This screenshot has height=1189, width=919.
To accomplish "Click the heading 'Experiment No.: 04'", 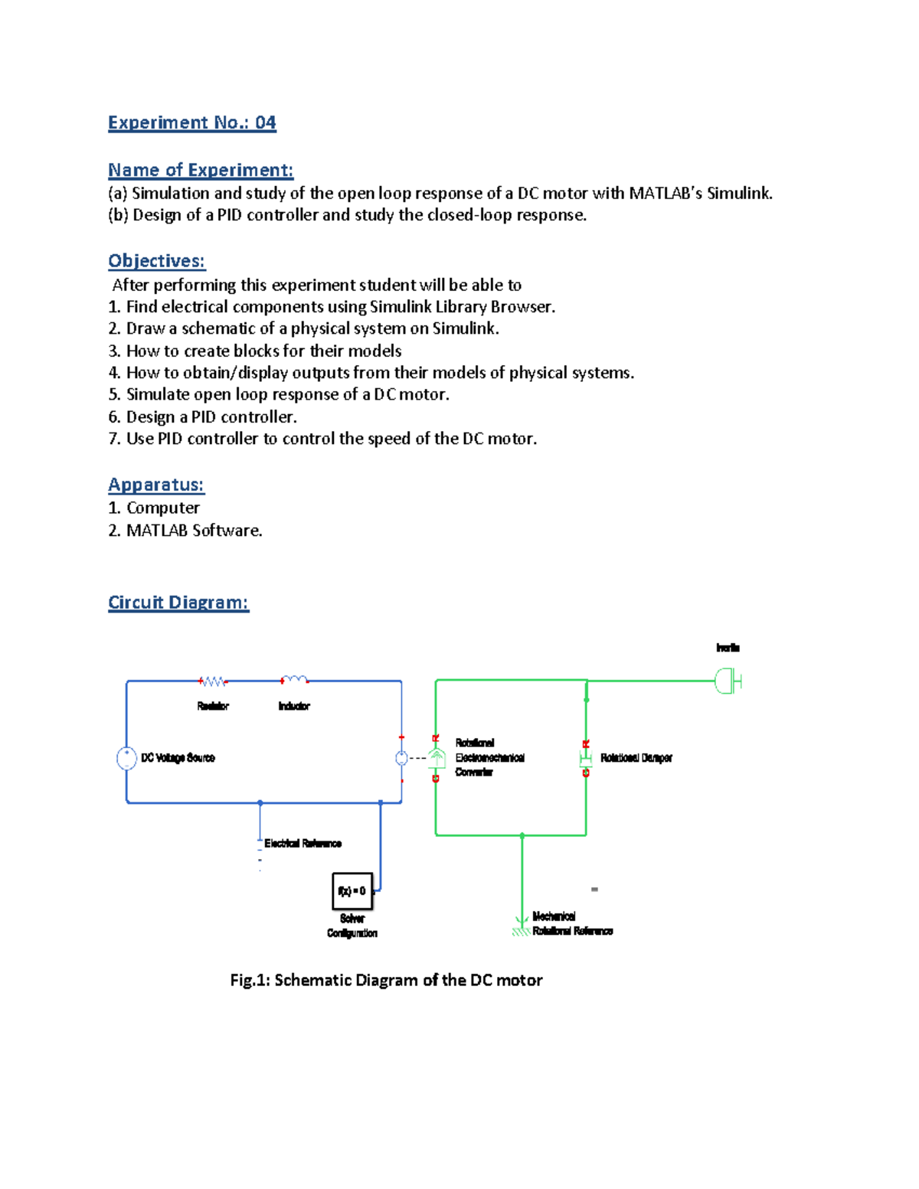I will (191, 122).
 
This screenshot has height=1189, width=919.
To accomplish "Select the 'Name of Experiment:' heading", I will (201, 170).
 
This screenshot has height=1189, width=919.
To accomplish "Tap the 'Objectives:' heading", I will (156, 261).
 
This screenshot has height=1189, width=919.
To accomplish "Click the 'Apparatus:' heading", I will (155, 485).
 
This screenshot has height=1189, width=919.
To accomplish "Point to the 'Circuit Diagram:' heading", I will (178, 603).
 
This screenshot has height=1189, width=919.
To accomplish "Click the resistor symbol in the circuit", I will (213, 681).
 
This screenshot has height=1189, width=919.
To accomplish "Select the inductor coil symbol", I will (294, 680).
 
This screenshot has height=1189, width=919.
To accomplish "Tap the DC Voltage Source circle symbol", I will (126, 758).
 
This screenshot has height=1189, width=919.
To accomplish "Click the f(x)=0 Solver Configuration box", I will (352, 890).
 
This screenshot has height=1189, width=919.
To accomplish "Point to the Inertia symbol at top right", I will (728, 681).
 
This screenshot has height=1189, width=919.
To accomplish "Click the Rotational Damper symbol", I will (586, 759).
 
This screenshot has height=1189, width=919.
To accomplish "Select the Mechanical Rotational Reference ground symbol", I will (522, 928).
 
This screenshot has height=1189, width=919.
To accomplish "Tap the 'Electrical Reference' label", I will (303, 844).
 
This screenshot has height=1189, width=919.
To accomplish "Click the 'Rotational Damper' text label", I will (636, 758).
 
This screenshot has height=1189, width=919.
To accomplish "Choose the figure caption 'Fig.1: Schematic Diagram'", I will (386, 980).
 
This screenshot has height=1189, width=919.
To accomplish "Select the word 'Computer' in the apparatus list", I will (162, 508).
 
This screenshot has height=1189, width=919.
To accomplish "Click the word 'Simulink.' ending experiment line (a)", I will (739, 194).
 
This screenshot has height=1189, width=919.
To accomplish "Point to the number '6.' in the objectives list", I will (114, 417).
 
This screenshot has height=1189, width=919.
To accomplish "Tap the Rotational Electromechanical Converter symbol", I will (436, 759).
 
